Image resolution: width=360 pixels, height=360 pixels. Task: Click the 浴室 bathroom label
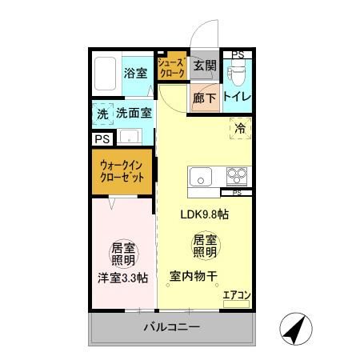point(134,73)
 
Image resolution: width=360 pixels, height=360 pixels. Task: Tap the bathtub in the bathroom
point(104,74)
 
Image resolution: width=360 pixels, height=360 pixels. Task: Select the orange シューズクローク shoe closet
point(171,68)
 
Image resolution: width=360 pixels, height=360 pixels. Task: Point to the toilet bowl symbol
point(238,74)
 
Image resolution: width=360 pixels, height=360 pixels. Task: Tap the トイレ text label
point(238,98)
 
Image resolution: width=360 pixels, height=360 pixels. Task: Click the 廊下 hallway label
point(205,99)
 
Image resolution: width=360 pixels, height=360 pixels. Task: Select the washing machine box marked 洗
point(102,114)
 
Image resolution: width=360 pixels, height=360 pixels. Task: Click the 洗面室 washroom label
point(134,114)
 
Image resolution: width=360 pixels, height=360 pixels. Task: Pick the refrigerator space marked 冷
point(239,126)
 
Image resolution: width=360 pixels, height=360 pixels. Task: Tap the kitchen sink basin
point(199,177)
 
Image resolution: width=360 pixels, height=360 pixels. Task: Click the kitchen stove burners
point(235,176)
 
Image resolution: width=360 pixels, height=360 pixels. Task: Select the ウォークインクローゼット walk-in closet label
point(122,172)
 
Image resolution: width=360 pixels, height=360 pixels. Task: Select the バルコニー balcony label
point(171,328)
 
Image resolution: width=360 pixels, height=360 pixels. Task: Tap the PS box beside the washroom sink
point(102,138)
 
